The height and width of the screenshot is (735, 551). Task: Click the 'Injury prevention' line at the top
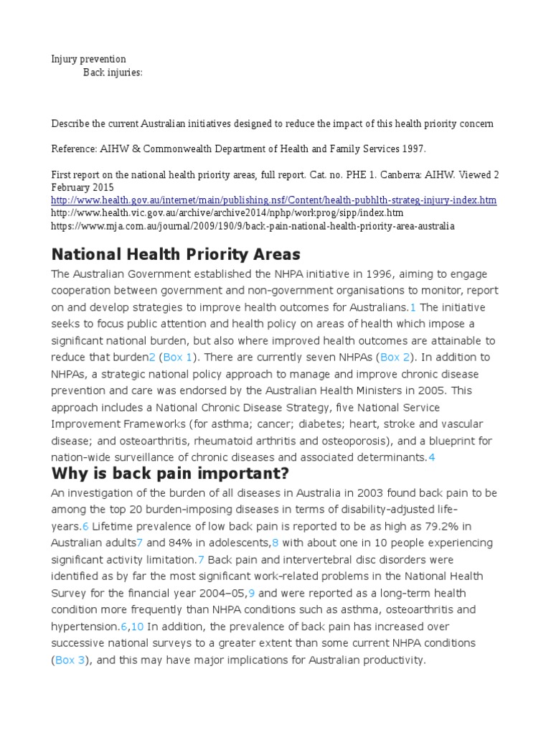tap(88, 59)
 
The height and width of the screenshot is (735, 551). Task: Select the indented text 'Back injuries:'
tap(113, 72)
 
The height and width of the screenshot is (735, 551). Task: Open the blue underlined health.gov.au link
tap(273, 200)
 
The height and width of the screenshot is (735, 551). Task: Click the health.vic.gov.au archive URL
tap(227, 212)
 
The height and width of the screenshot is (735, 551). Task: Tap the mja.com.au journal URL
tap(253, 225)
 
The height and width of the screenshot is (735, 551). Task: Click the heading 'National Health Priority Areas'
tap(176, 254)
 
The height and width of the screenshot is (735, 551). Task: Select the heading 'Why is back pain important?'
tap(169, 474)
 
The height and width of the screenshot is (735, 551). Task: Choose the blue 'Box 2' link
tap(395, 357)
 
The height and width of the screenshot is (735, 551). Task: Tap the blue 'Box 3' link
tap(70, 660)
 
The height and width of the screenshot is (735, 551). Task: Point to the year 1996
tap(368, 273)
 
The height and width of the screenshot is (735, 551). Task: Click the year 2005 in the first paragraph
tap(435, 390)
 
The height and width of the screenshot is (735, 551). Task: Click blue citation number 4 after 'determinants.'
tap(432, 457)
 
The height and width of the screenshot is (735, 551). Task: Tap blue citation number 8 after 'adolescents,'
tap(275, 543)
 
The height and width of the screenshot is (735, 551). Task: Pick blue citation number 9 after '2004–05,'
tap(251, 593)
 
